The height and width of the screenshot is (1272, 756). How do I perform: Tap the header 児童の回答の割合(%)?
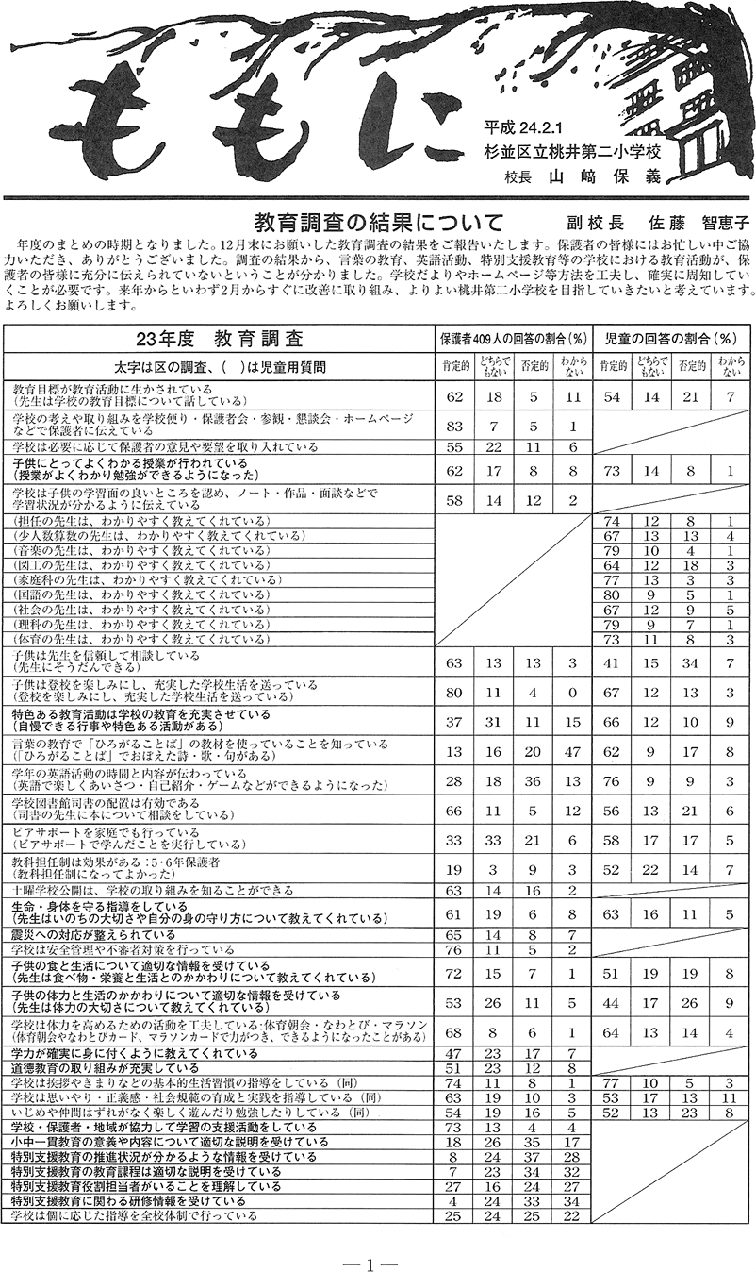(671, 338)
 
